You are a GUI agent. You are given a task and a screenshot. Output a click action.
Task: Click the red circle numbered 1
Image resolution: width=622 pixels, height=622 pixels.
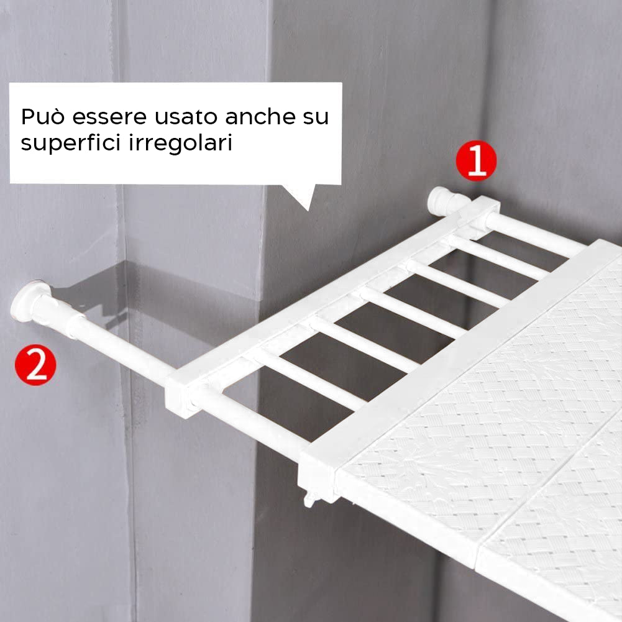pos(476,160)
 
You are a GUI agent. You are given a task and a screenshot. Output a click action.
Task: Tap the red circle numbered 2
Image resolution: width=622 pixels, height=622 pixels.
pos(35,365)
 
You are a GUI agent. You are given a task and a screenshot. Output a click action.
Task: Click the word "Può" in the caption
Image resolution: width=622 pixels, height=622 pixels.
pos(43,117)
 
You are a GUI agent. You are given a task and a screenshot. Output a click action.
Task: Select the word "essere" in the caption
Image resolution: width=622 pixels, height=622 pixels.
pos(109,117)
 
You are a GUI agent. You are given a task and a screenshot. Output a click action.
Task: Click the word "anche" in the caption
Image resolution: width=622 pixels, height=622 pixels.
pos(260,116)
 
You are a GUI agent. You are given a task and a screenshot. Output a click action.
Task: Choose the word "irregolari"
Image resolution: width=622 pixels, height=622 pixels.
pos(180,143)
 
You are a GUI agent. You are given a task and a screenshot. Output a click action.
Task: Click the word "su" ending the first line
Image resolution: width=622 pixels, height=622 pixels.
pos(316,117)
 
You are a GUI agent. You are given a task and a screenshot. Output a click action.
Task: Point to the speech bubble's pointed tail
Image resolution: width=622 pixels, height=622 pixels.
pos(302,196)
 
